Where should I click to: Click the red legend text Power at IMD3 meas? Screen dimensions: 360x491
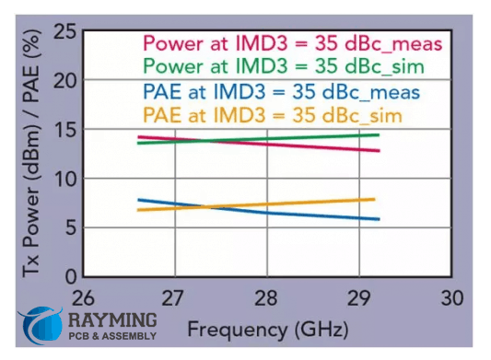(292, 42)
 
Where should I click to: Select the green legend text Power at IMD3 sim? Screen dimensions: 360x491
(286, 66)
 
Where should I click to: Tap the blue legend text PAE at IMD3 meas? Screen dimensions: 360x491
(281, 92)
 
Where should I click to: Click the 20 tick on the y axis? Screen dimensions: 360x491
(64, 81)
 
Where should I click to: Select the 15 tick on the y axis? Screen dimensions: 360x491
(64, 130)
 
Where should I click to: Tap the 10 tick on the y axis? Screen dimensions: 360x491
(64, 179)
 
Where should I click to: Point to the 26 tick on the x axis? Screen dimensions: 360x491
(83, 299)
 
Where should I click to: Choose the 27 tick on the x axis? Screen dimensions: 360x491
(173, 299)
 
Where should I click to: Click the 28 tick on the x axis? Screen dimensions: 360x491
(265, 299)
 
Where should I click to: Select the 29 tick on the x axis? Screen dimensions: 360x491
(357, 299)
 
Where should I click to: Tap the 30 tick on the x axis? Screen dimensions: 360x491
(450, 299)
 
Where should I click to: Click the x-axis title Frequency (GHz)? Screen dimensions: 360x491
(265, 329)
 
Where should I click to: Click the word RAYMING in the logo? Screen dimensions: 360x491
(112, 321)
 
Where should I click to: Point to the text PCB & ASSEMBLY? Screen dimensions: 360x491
(112, 338)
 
